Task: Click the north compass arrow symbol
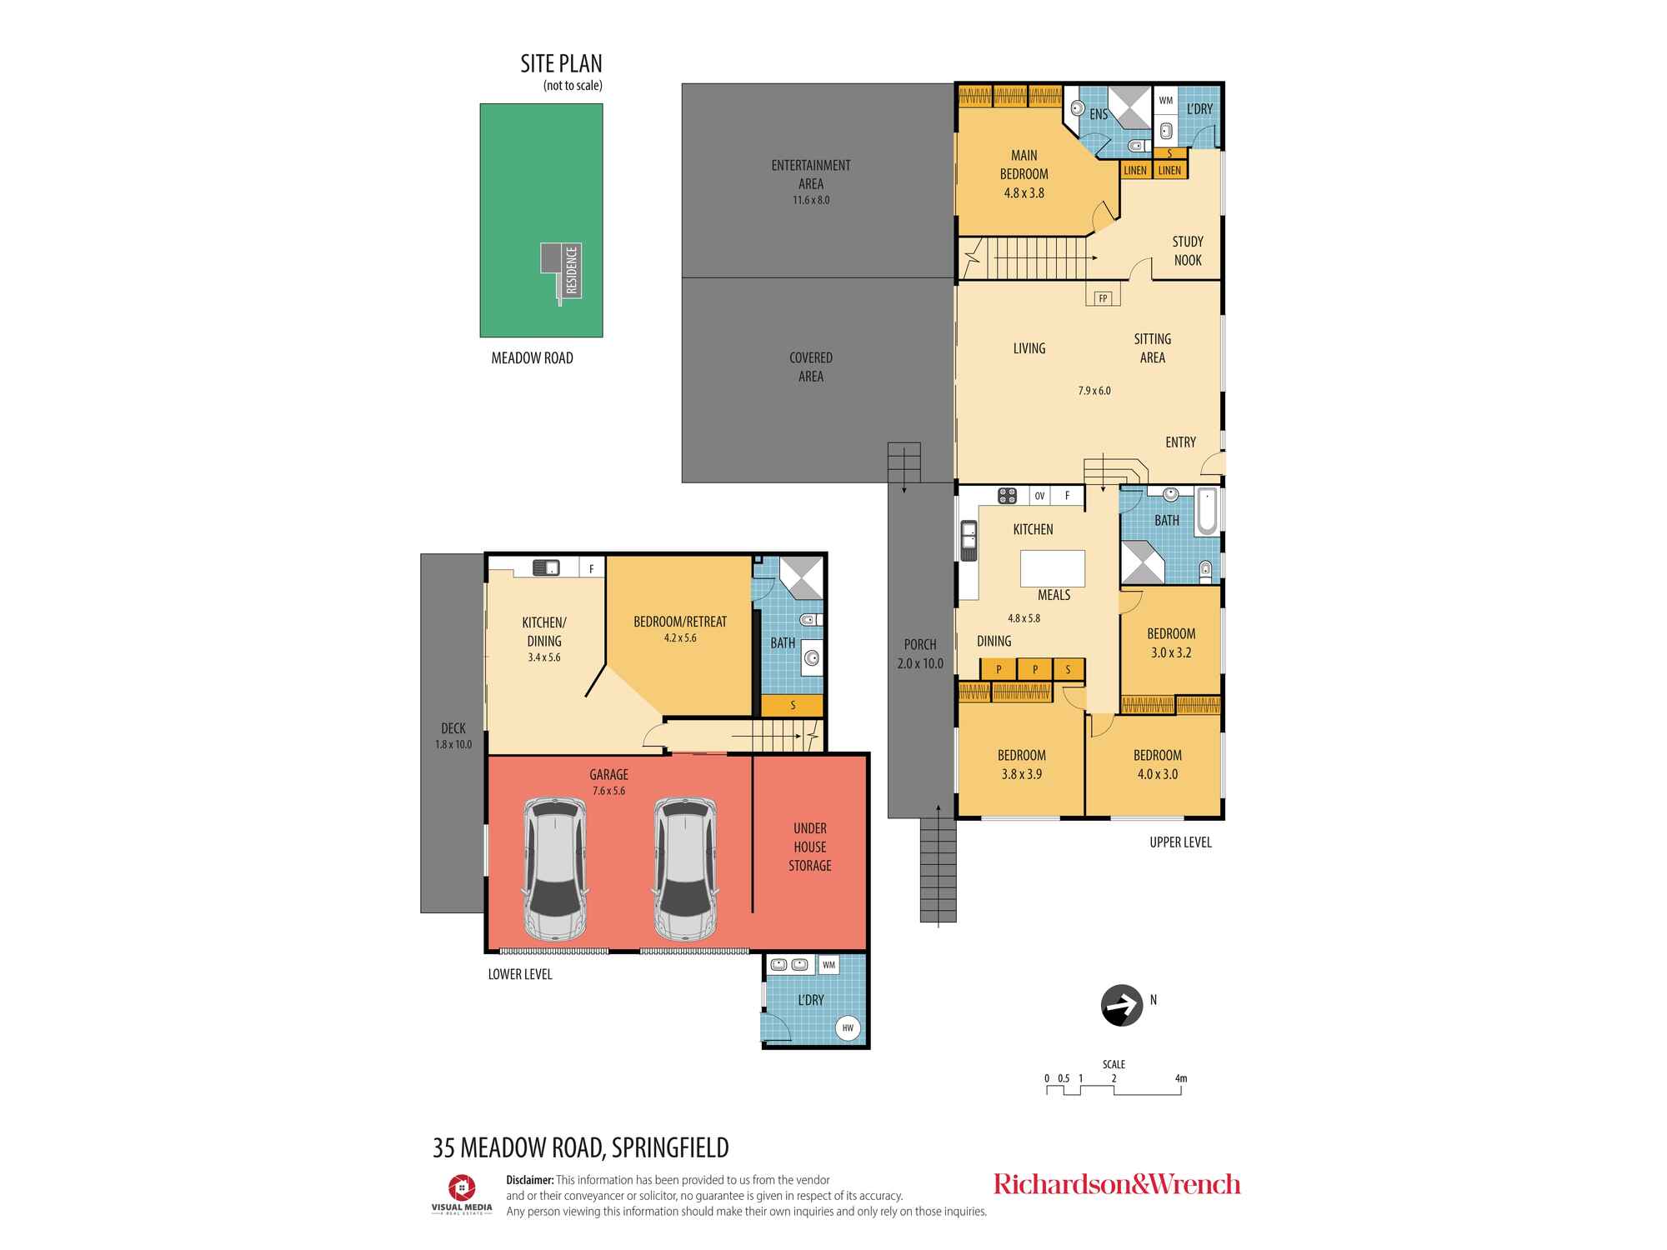coord(1121,1006)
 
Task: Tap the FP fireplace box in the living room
coord(1103,297)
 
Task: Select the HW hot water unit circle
coord(848,1027)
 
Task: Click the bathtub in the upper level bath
coord(1206,512)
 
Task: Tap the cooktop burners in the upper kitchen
coord(1008,496)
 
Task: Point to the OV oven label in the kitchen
coord(1039,496)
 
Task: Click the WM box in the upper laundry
coord(1165,101)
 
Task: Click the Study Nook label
coord(1188,251)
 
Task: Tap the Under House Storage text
coord(809,847)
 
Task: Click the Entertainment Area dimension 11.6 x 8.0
coord(810,200)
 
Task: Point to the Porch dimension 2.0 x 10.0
coord(920,663)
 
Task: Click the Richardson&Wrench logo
coord(1116,1184)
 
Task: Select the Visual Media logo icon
coord(462,1187)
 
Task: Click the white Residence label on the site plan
coord(572,271)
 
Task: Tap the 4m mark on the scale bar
coord(1180,1078)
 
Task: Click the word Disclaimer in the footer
coord(529,1180)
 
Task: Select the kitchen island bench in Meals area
coord(1053,568)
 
